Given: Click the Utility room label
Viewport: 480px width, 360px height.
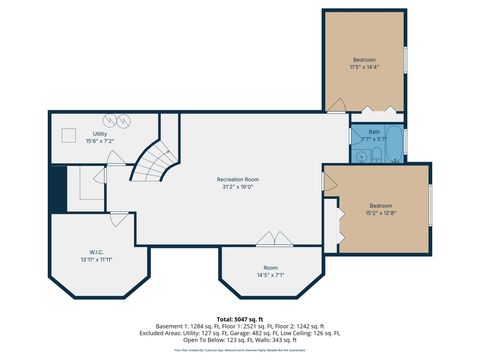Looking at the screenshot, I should [100, 133].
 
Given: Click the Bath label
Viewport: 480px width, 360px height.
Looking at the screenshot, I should [374, 132].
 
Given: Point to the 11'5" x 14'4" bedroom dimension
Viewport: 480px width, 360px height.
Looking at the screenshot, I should [363, 67].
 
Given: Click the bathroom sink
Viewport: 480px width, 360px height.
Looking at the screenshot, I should [358, 155].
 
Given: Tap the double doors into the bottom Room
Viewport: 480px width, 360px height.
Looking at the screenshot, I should [269, 240].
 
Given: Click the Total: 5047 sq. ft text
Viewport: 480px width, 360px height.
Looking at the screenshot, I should [240, 318].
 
